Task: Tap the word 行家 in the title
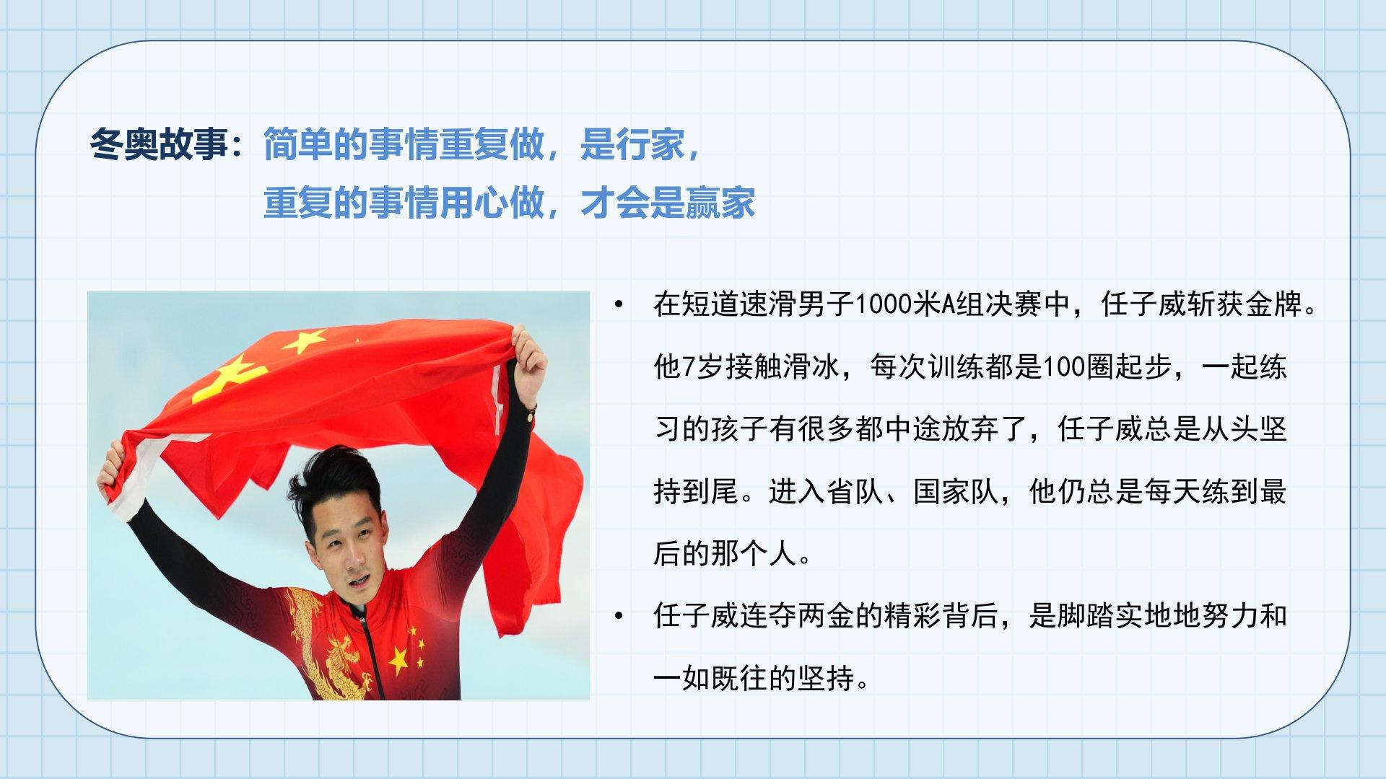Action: (x=649, y=144)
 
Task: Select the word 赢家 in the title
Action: (x=720, y=203)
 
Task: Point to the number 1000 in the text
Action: (x=884, y=304)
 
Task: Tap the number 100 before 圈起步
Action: (x=1064, y=367)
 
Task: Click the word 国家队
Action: (x=956, y=491)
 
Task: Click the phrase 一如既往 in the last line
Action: (x=710, y=678)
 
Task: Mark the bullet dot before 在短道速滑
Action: (x=619, y=305)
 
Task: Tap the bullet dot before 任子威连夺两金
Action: (x=619, y=617)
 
